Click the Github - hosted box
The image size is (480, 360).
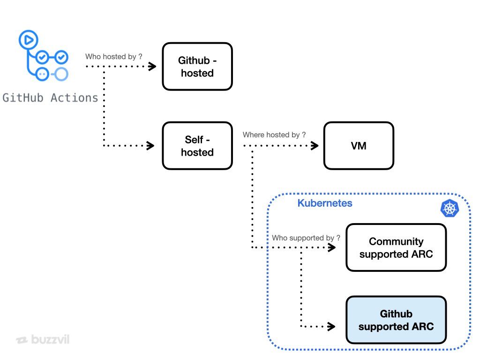197,67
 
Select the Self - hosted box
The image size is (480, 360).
197,146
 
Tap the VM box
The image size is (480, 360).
359,146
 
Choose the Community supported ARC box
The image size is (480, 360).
396,247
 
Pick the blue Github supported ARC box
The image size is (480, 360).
396,320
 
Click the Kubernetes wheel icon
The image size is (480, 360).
450,209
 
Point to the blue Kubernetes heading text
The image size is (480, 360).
325,203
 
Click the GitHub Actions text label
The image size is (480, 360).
51,98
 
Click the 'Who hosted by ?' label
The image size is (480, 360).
113,57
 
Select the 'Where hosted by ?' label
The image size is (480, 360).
274,135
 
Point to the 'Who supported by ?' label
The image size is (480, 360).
306,238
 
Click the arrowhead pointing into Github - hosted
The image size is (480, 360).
152,67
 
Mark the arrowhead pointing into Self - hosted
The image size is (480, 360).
151,146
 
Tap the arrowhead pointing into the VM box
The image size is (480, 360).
315,146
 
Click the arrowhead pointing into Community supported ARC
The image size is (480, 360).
332,247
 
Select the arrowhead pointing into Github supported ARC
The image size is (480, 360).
331,326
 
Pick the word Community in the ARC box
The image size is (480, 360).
396,241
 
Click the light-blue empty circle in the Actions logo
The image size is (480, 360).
60,74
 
